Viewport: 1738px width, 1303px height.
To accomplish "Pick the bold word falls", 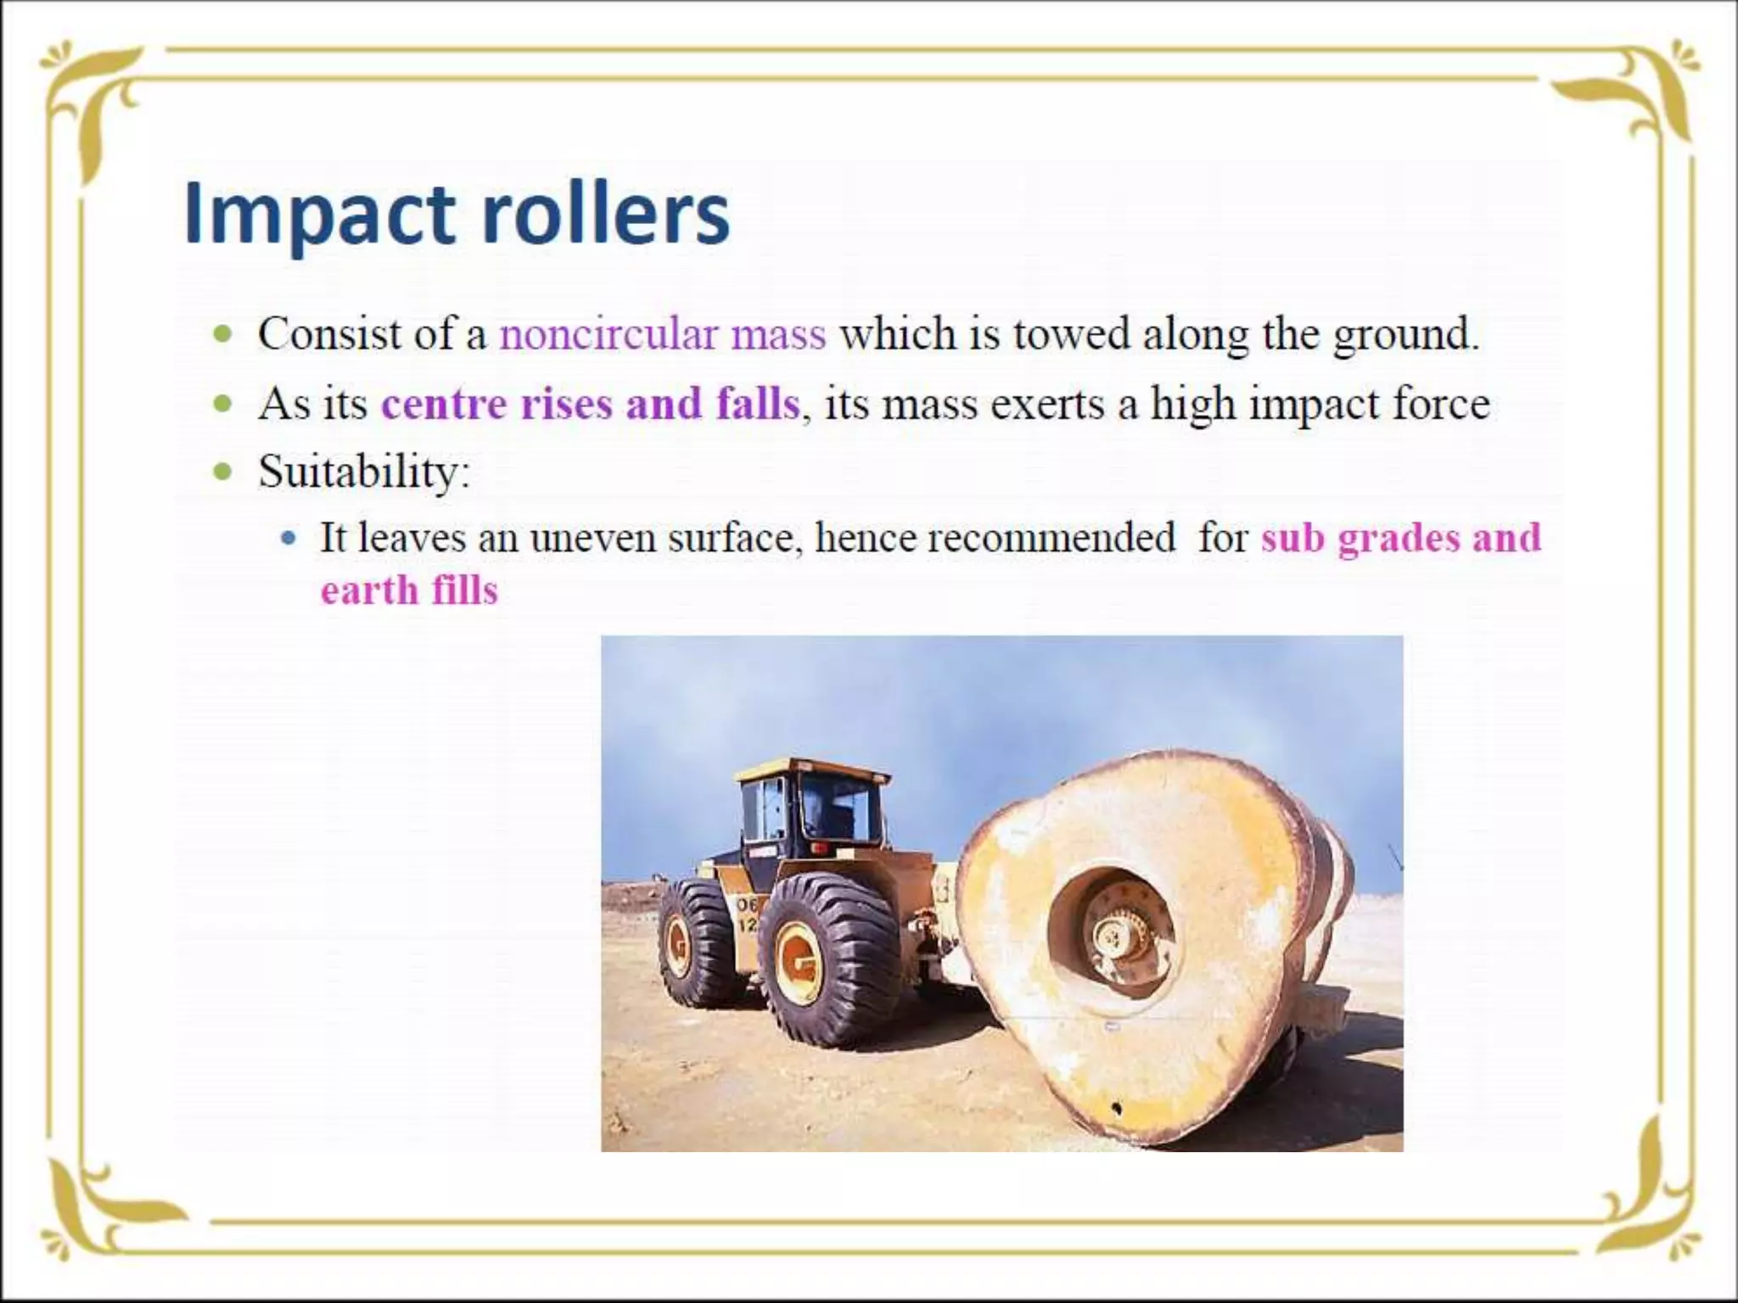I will (x=758, y=403).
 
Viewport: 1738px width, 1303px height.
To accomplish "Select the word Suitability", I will (x=362, y=471).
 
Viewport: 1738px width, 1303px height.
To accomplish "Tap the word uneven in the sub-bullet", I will (x=592, y=538).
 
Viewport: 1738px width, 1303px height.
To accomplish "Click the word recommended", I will (x=995, y=538).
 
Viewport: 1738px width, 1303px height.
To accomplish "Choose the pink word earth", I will (x=369, y=590).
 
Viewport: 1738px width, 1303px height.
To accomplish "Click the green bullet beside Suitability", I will (x=223, y=471).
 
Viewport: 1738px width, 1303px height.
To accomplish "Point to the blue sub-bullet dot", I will (x=289, y=538).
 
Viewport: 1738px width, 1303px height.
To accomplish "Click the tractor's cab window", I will (x=836, y=806).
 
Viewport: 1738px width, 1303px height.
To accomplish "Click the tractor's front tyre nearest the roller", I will (x=827, y=959).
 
